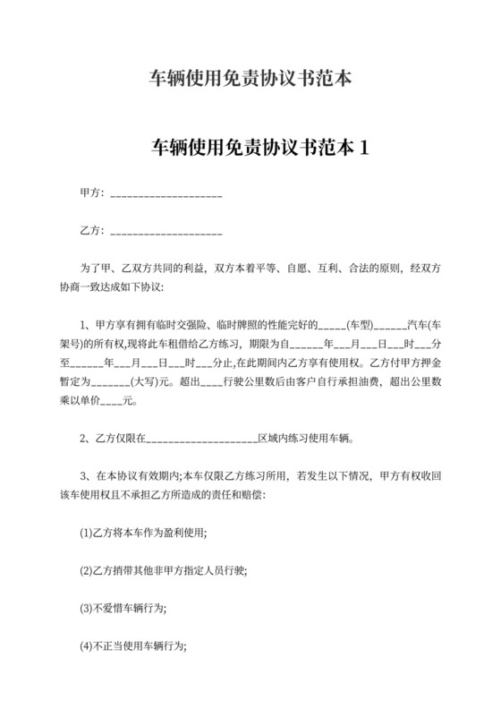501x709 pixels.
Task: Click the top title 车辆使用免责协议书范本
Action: click(x=250, y=79)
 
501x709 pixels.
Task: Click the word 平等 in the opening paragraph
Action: click(x=275, y=268)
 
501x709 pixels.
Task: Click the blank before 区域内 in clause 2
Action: click(x=200, y=440)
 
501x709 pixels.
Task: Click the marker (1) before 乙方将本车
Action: click(x=87, y=533)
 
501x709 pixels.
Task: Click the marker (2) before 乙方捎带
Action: click(x=87, y=569)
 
